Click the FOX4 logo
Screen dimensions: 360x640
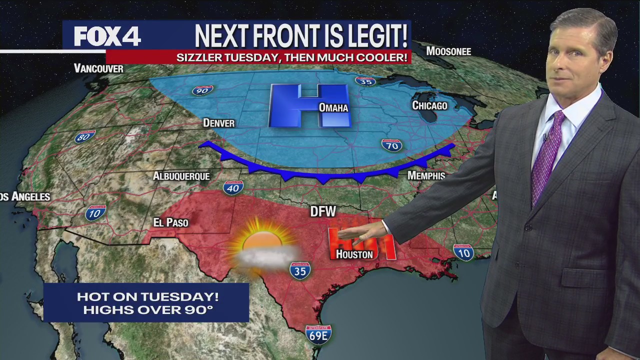coord(107,36)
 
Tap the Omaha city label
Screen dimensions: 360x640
coord(333,107)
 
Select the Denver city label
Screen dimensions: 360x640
coord(218,123)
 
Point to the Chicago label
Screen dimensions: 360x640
coord(429,105)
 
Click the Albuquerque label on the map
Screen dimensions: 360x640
coord(181,176)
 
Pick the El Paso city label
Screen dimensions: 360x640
coord(170,222)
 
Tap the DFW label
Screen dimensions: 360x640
coord(323,211)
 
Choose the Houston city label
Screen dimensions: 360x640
coord(354,254)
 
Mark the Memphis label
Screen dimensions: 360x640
coord(426,175)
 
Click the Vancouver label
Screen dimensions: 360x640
coord(98,68)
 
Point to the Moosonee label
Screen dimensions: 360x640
coord(448,51)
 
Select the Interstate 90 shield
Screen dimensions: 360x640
coord(202,90)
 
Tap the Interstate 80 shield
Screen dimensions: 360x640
coord(85,136)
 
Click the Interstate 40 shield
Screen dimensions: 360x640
coord(233,187)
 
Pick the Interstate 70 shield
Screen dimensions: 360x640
coord(391,145)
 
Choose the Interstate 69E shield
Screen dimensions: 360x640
coord(318,334)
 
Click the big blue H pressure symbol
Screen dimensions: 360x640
coord(308,105)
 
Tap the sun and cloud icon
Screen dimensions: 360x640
coord(263,246)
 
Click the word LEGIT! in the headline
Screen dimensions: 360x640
coord(372,36)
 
